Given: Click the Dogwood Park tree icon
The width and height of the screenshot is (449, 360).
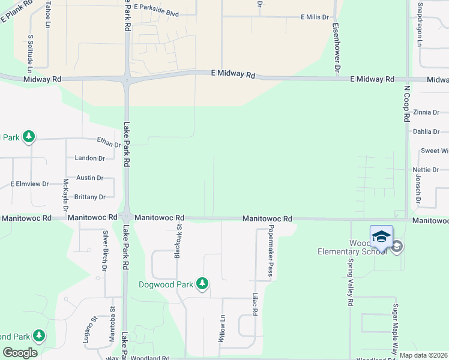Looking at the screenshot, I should click(x=203, y=284).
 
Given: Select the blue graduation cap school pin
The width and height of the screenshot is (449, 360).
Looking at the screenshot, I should click(x=381, y=238).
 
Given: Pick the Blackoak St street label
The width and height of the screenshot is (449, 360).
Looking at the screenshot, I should click(x=178, y=242).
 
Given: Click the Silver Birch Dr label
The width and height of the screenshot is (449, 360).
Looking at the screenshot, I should click(x=104, y=251).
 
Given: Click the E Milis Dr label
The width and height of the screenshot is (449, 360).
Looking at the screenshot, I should click(x=316, y=18).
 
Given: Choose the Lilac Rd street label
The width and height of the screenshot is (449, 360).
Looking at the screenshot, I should click(x=255, y=305).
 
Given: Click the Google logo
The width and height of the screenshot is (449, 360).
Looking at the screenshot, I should click(x=20, y=353).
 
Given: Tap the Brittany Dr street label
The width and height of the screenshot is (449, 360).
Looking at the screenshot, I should click(x=90, y=197).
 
